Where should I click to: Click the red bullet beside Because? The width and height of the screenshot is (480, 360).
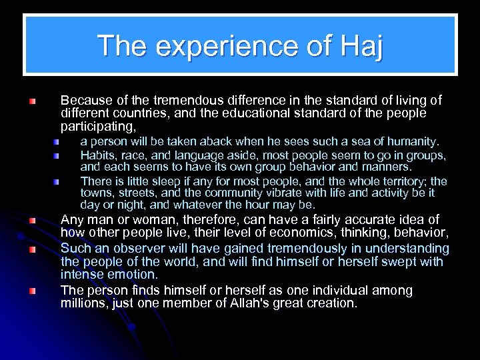(x=33, y=101)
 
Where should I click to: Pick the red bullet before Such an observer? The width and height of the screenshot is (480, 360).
(x=33, y=249)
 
